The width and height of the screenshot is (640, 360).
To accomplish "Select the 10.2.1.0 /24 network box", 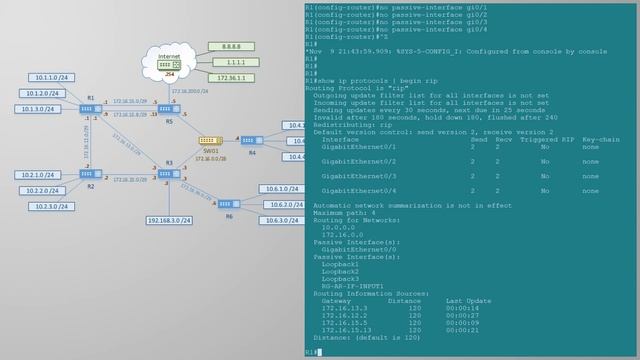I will coord(40,175).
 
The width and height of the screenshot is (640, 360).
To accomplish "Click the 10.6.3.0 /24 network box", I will coord(278,220).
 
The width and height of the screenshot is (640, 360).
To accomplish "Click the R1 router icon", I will coord(88,108).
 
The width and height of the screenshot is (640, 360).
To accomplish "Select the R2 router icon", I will coord(88,174).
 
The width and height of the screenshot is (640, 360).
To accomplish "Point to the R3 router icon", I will coord(166,174).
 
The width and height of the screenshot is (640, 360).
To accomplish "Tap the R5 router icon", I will coord(166,108).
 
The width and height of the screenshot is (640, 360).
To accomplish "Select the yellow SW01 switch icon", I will coord(209,141).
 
